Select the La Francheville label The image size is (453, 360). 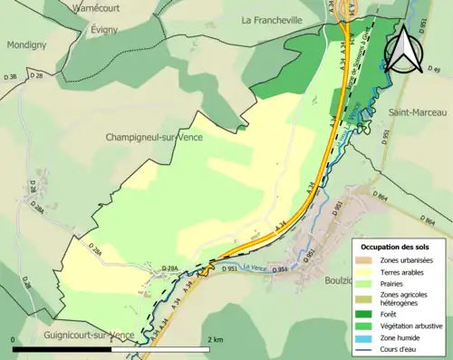click(x=276, y=19)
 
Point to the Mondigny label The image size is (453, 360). click(x=26, y=44)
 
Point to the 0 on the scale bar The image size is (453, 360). click(x=14, y=339)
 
